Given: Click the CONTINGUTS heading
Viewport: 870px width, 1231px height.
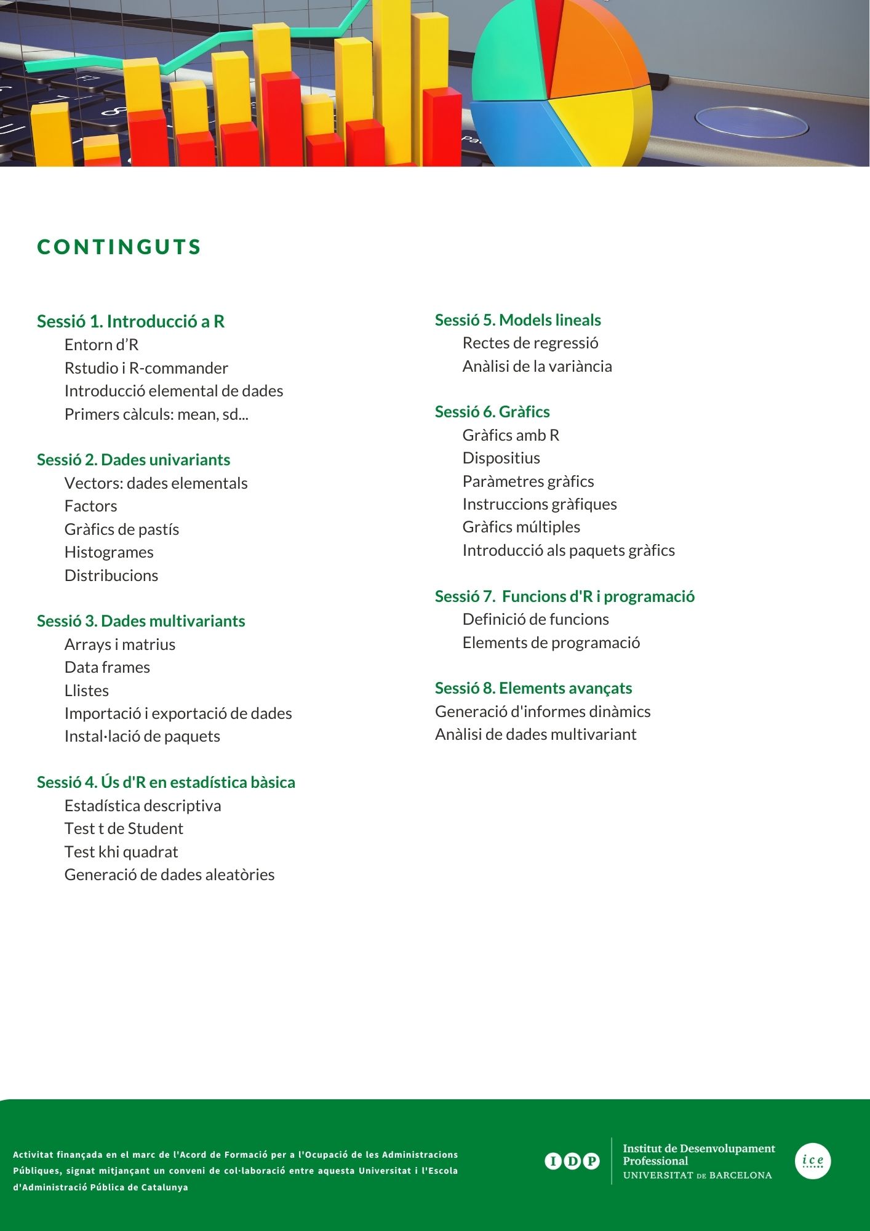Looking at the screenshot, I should coord(119,247).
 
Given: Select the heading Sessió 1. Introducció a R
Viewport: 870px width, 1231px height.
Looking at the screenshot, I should coord(130,321).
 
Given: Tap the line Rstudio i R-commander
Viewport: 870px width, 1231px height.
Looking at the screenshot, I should coord(146,368).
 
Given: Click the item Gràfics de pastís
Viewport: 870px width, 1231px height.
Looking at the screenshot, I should coord(121,529).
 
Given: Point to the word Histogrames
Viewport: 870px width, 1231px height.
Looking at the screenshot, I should coord(109,552).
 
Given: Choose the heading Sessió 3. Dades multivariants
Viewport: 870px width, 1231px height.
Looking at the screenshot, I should coord(141,621).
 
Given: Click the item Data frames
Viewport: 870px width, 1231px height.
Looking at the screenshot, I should coord(107,667).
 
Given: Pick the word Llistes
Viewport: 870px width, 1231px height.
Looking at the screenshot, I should coord(87,691).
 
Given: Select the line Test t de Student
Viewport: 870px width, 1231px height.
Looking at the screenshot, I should coord(124,828).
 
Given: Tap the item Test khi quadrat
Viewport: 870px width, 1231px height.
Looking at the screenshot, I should coord(121,852).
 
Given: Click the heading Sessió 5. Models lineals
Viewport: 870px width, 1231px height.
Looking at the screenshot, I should coord(517,320).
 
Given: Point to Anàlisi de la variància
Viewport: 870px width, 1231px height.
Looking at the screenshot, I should coord(537,366).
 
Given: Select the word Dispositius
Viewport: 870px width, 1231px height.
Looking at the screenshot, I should coord(501,458).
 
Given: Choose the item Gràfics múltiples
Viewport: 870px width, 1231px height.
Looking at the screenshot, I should coord(521,527).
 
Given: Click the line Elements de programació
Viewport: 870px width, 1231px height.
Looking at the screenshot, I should coord(551,643).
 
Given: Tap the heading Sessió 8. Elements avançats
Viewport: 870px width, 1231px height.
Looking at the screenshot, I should coord(533,688).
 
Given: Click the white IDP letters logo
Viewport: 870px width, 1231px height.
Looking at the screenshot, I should coord(572,1161).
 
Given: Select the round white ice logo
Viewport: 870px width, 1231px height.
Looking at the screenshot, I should coord(812,1161).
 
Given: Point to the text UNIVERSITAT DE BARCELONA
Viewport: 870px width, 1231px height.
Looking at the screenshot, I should coord(697,1175).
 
